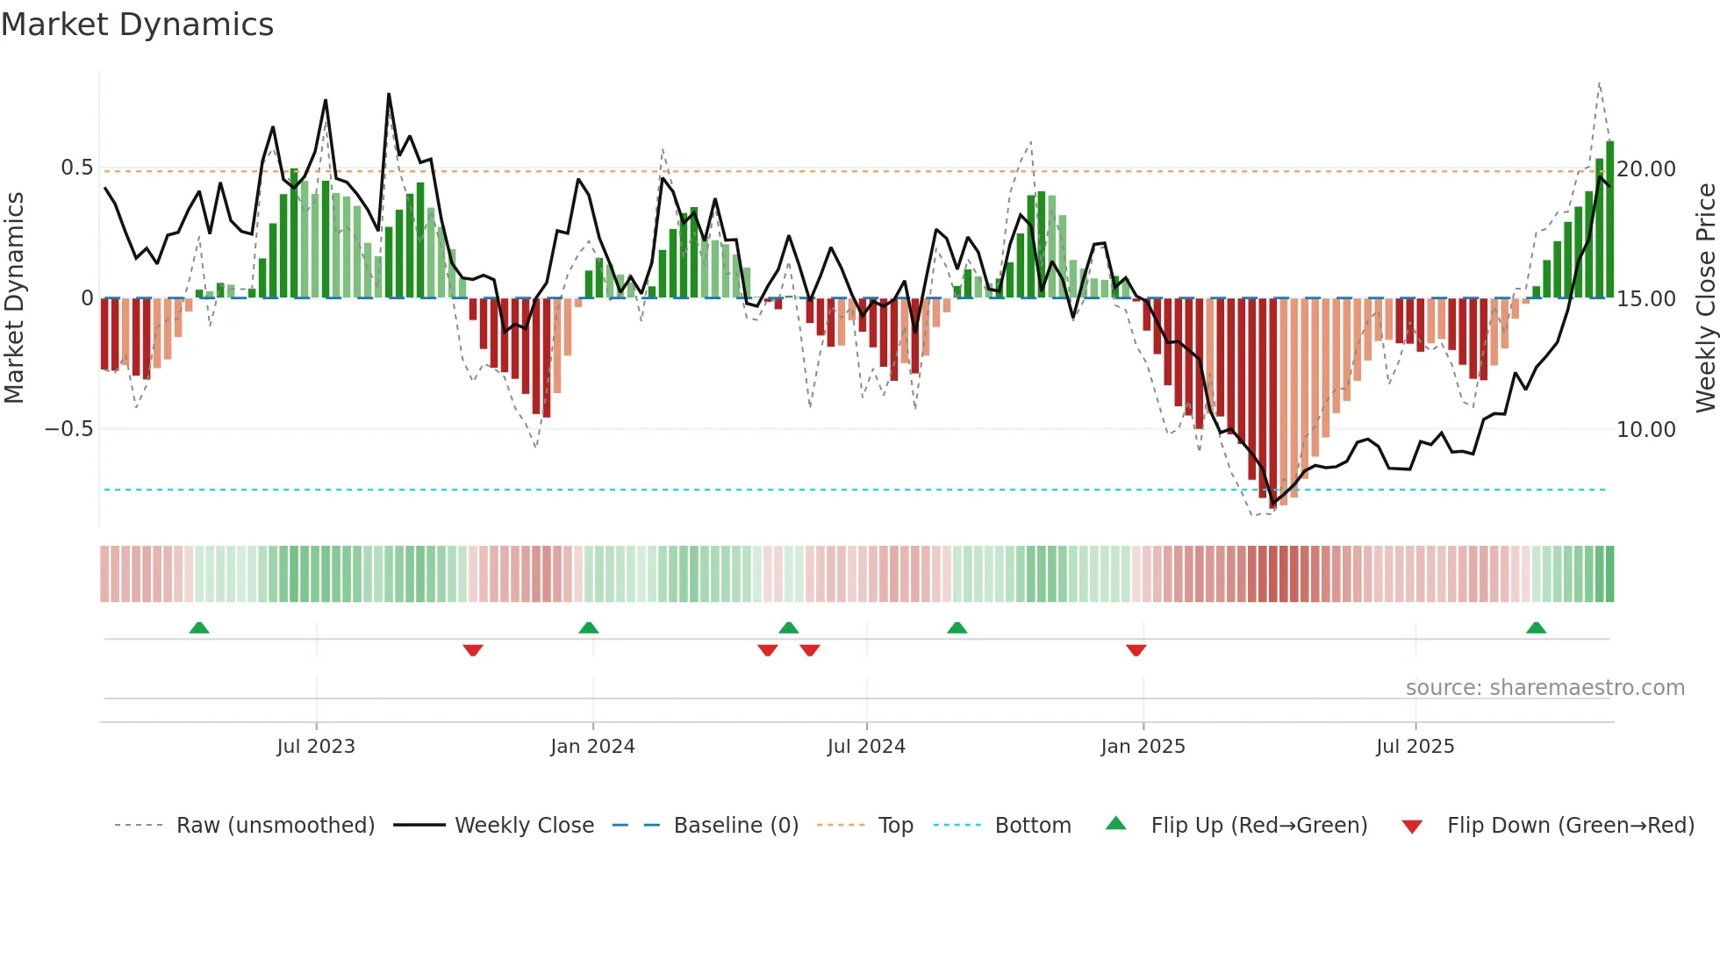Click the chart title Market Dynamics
(x=137, y=25)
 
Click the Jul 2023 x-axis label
(x=316, y=747)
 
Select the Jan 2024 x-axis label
(x=592, y=747)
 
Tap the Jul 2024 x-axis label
(x=866, y=747)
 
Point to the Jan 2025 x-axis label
(x=1143, y=747)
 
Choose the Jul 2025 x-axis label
(x=1415, y=747)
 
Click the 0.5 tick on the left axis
(x=76, y=168)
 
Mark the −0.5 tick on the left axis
(x=68, y=429)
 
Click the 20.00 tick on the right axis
(x=1646, y=168)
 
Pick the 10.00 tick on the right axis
(x=1646, y=429)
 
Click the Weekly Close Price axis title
(x=1705, y=297)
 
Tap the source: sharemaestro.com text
(x=1544, y=688)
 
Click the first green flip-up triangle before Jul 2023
(x=199, y=627)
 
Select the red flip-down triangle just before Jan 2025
(x=1136, y=650)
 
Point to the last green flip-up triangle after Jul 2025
(x=1536, y=627)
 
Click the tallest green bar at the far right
(x=1609, y=219)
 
